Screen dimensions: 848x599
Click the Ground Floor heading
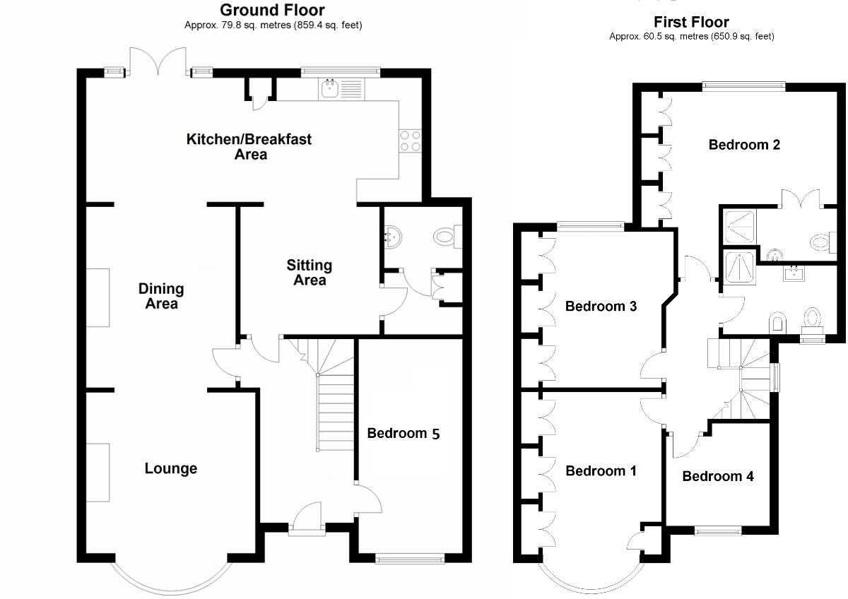(x=272, y=10)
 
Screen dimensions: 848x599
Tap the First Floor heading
(x=691, y=22)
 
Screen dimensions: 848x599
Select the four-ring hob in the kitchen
(x=411, y=141)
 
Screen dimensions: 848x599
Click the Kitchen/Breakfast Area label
(x=249, y=147)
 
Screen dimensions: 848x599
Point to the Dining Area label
(x=161, y=296)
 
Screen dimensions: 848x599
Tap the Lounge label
(x=171, y=468)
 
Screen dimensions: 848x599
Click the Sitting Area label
(x=310, y=273)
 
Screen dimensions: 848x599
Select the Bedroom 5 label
(x=404, y=433)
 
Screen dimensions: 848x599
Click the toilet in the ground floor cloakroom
(x=447, y=237)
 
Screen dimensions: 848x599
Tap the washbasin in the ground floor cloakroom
(x=392, y=237)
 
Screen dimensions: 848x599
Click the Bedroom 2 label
(x=744, y=145)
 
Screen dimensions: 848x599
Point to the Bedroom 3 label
(x=601, y=306)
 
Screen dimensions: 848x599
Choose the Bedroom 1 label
(x=601, y=471)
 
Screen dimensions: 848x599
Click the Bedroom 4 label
(x=718, y=476)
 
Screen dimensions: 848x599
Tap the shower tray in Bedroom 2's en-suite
(x=739, y=227)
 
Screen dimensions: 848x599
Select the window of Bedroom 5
(x=410, y=559)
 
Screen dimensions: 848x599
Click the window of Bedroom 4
(x=718, y=531)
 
